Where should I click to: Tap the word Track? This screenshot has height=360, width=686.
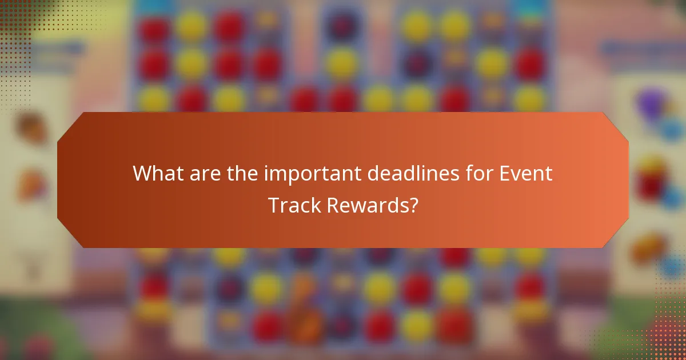pos(295,205)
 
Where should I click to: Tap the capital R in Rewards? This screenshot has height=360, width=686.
pos(334,205)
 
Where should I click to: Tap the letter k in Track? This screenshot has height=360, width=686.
pos(316,205)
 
